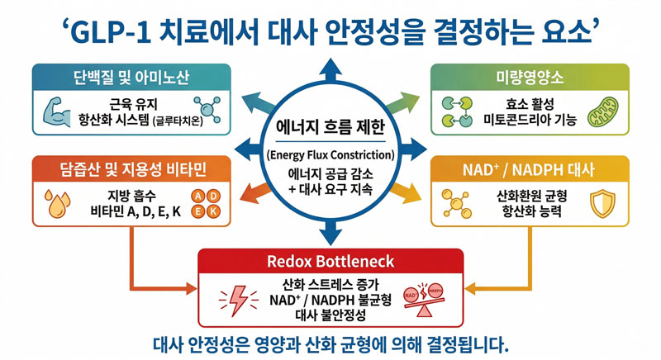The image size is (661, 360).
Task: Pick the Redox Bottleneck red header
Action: [x=330, y=262]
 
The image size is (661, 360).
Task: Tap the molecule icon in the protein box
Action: [x=202, y=108]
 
